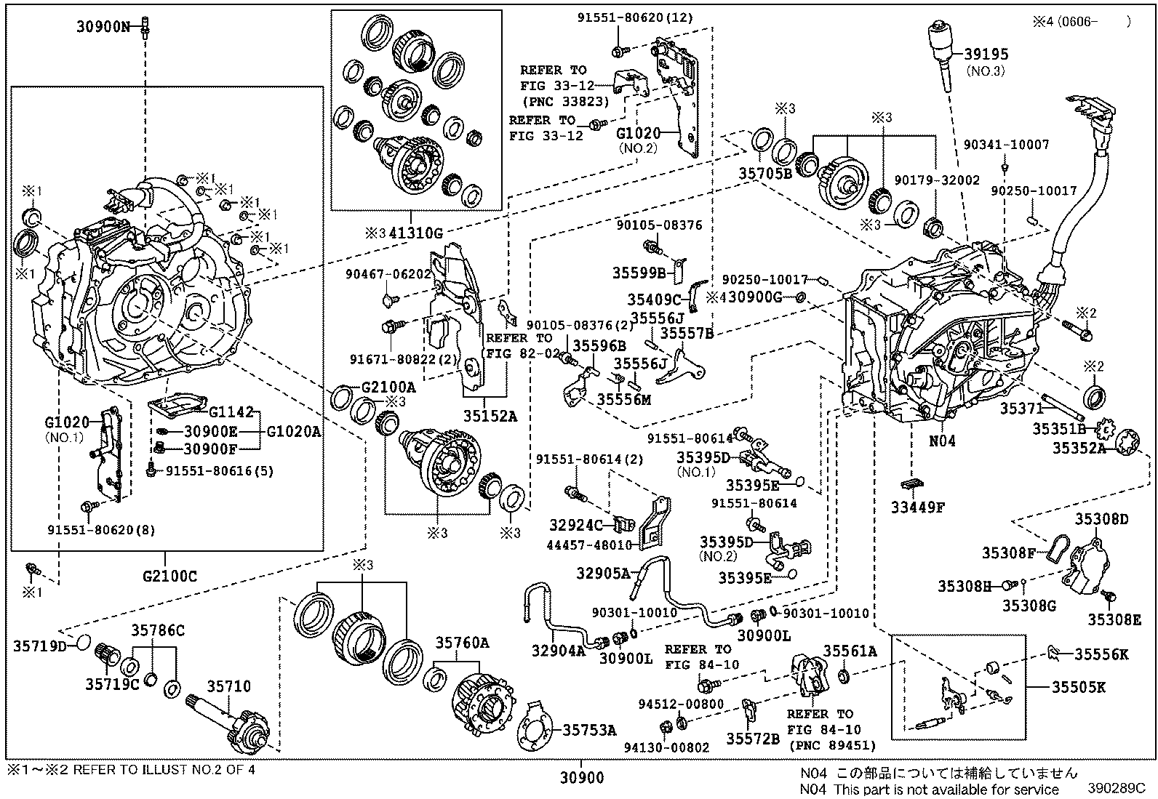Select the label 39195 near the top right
point(986,55)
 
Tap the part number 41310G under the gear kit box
point(415,233)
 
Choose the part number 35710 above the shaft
point(228,686)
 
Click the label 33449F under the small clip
point(917,508)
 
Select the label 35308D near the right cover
point(1101,519)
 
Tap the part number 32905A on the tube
point(603,573)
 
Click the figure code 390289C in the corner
point(1117,789)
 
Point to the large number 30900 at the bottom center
point(581,779)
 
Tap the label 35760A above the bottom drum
point(462,643)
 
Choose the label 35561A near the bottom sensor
point(850,651)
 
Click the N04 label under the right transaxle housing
point(942,441)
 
